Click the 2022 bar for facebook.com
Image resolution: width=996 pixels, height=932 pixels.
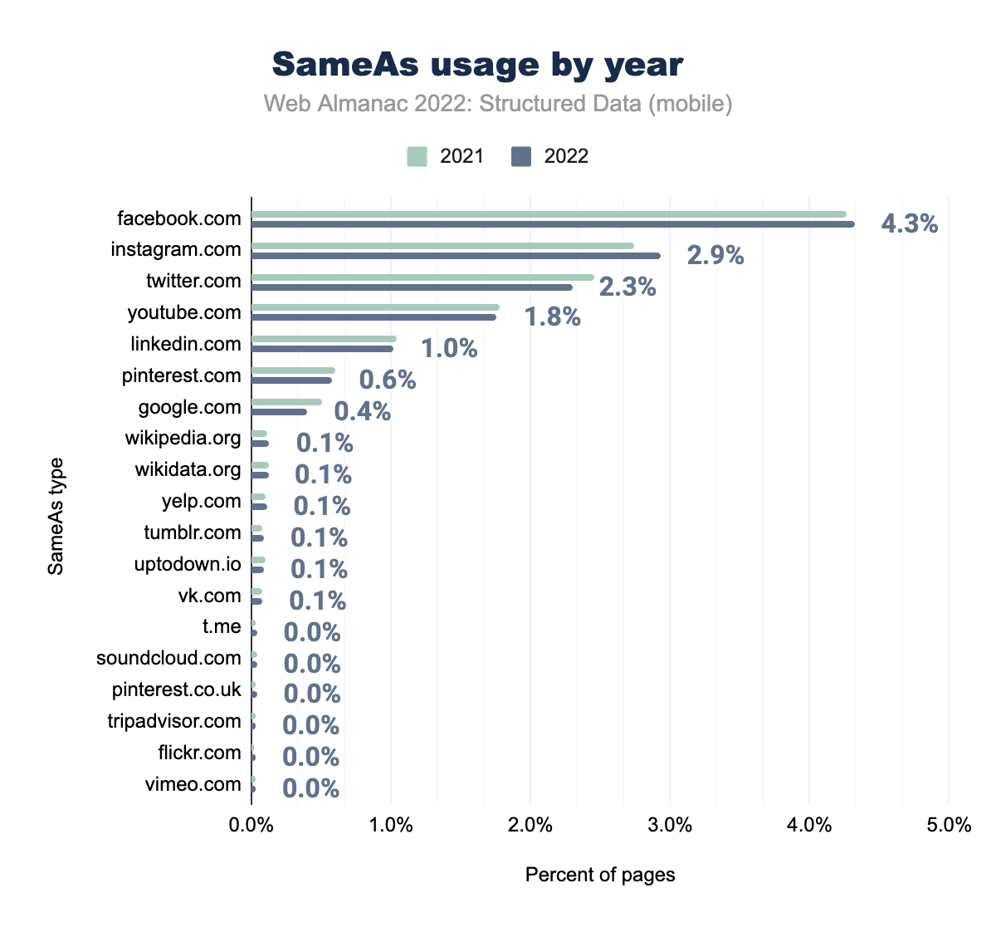553,224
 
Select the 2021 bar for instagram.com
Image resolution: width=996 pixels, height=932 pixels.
442,246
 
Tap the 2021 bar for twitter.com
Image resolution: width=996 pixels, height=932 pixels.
422,277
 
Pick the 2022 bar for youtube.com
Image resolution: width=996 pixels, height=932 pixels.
373,317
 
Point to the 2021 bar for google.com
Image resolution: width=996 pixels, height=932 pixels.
286,402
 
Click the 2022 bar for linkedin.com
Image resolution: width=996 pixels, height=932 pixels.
322,349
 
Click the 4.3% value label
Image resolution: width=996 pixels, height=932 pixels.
910,223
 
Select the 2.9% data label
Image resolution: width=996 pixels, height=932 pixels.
715,255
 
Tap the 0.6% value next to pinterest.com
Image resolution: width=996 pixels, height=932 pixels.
388,380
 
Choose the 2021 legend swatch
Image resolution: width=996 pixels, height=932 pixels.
417,156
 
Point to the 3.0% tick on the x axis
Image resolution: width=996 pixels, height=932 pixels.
670,825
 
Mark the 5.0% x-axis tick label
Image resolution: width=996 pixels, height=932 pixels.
949,825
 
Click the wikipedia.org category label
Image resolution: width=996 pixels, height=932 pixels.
183,438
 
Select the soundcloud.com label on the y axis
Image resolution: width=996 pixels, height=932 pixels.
168,658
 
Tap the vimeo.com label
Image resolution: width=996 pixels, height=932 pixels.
193,784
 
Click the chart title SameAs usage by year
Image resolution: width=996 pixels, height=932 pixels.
478,64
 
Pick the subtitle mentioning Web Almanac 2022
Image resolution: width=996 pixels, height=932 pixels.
498,104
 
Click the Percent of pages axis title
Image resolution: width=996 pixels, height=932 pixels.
600,875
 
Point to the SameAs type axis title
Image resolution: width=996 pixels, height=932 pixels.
56,516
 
